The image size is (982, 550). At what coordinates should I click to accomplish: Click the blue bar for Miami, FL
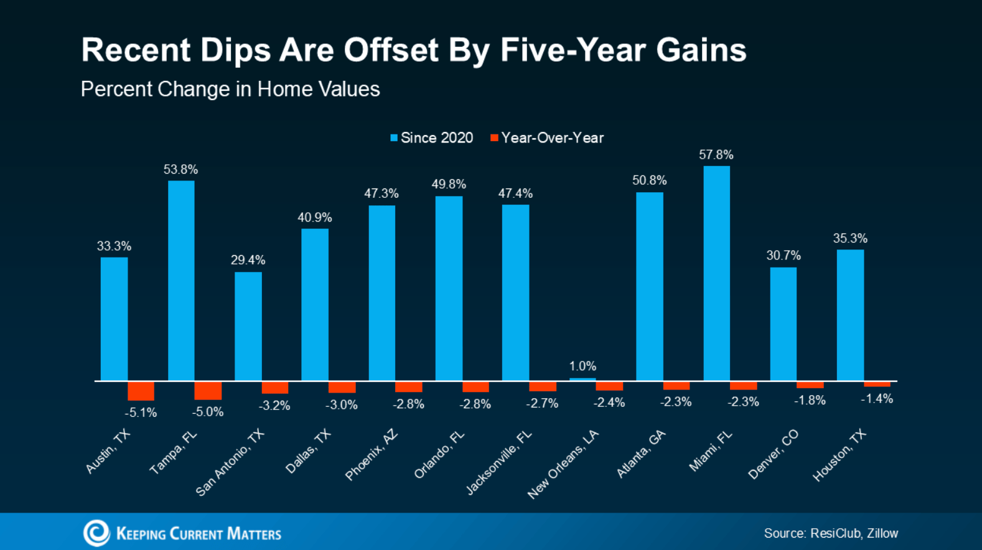pyautogui.click(x=716, y=273)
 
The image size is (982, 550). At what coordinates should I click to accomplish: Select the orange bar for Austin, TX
pyautogui.click(x=141, y=390)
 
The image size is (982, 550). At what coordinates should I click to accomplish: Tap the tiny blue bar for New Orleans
pyautogui.click(x=582, y=378)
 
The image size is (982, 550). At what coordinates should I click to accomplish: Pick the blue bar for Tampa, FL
pyautogui.click(x=181, y=280)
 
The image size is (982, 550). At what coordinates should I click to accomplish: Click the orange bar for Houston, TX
pyautogui.click(x=877, y=384)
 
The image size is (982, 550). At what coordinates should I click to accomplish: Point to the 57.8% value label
pyautogui.click(x=716, y=155)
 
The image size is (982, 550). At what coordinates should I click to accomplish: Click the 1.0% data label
pyautogui.click(x=582, y=366)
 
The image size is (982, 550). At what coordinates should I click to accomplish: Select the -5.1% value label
pyautogui.click(x=141, y=412)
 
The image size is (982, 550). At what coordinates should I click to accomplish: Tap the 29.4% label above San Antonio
pyautogui.click(x=248, y=260)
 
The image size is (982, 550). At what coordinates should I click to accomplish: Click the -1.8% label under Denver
pyautogui.click(x=810, y=401)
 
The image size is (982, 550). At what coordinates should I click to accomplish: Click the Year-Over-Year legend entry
pyautogui.click(x=547, y=138)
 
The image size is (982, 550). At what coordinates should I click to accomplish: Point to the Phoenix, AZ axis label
pyautogui.click(x=372, y=455)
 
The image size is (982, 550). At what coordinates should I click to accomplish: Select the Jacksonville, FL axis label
pyautogui.click(x=499, y=462)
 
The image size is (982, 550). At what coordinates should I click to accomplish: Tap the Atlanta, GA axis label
pyautogui.click(x=641, y=454)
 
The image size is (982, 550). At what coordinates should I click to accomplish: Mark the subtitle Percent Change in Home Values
pyautogui.click(x=230, y=89)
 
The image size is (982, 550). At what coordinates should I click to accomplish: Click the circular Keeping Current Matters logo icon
pyautogui.click(x=96, y=533)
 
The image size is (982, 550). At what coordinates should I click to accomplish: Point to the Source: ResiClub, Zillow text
pyautogui.click(x=831, y=533)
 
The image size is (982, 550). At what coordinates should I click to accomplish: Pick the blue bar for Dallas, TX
pyautogui.click(x=315, y=304)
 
